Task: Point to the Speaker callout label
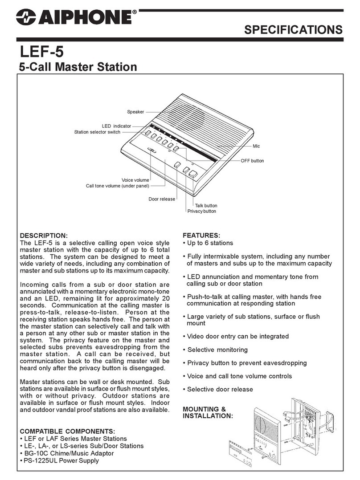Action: click(135, 113)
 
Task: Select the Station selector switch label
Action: click(97, 132)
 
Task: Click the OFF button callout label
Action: click(252, 161)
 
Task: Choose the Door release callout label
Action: click(162, 199)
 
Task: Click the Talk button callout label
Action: click(206, 206)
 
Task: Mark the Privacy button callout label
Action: click(201, 211)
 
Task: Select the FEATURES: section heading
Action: click(201, 235)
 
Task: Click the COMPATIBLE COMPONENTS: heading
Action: click(67, 431)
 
